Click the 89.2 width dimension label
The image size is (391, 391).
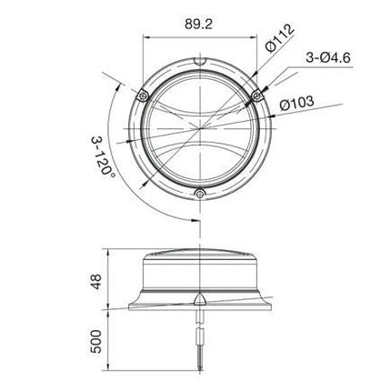click(198, 25)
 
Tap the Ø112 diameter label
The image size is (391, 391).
click(279, 37)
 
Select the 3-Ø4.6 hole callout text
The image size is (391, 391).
click(328, 57)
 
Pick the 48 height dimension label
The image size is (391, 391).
click(96, 282)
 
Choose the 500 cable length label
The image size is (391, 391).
click(95, 342)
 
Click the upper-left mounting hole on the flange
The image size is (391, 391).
click(142, 96)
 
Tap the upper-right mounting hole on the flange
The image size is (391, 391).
click(257, 96)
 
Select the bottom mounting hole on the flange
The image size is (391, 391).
click(199, 194)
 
